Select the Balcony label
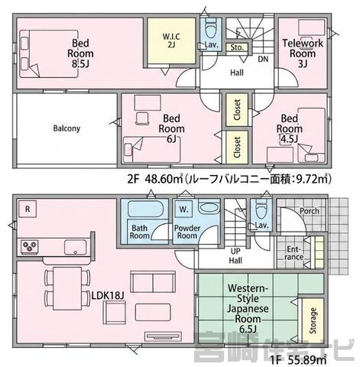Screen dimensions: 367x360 (67, 128)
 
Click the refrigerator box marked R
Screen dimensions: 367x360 (28, 206)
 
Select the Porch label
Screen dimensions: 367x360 (310, 212)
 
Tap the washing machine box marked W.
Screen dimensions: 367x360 (184, 207)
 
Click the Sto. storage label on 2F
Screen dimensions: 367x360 (236, 47)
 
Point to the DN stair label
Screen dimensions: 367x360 (262, 58)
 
